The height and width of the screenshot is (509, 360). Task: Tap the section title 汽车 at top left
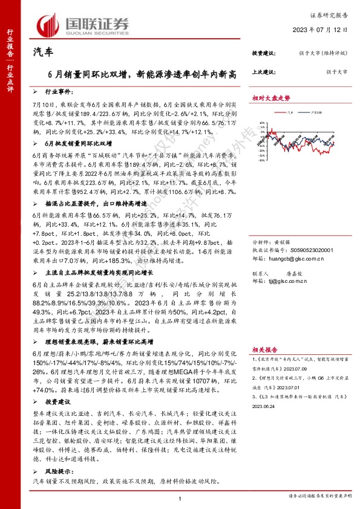(42, 53)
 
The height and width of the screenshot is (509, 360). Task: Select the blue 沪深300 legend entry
(315, 112)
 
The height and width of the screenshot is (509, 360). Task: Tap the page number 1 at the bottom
(180, 498)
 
